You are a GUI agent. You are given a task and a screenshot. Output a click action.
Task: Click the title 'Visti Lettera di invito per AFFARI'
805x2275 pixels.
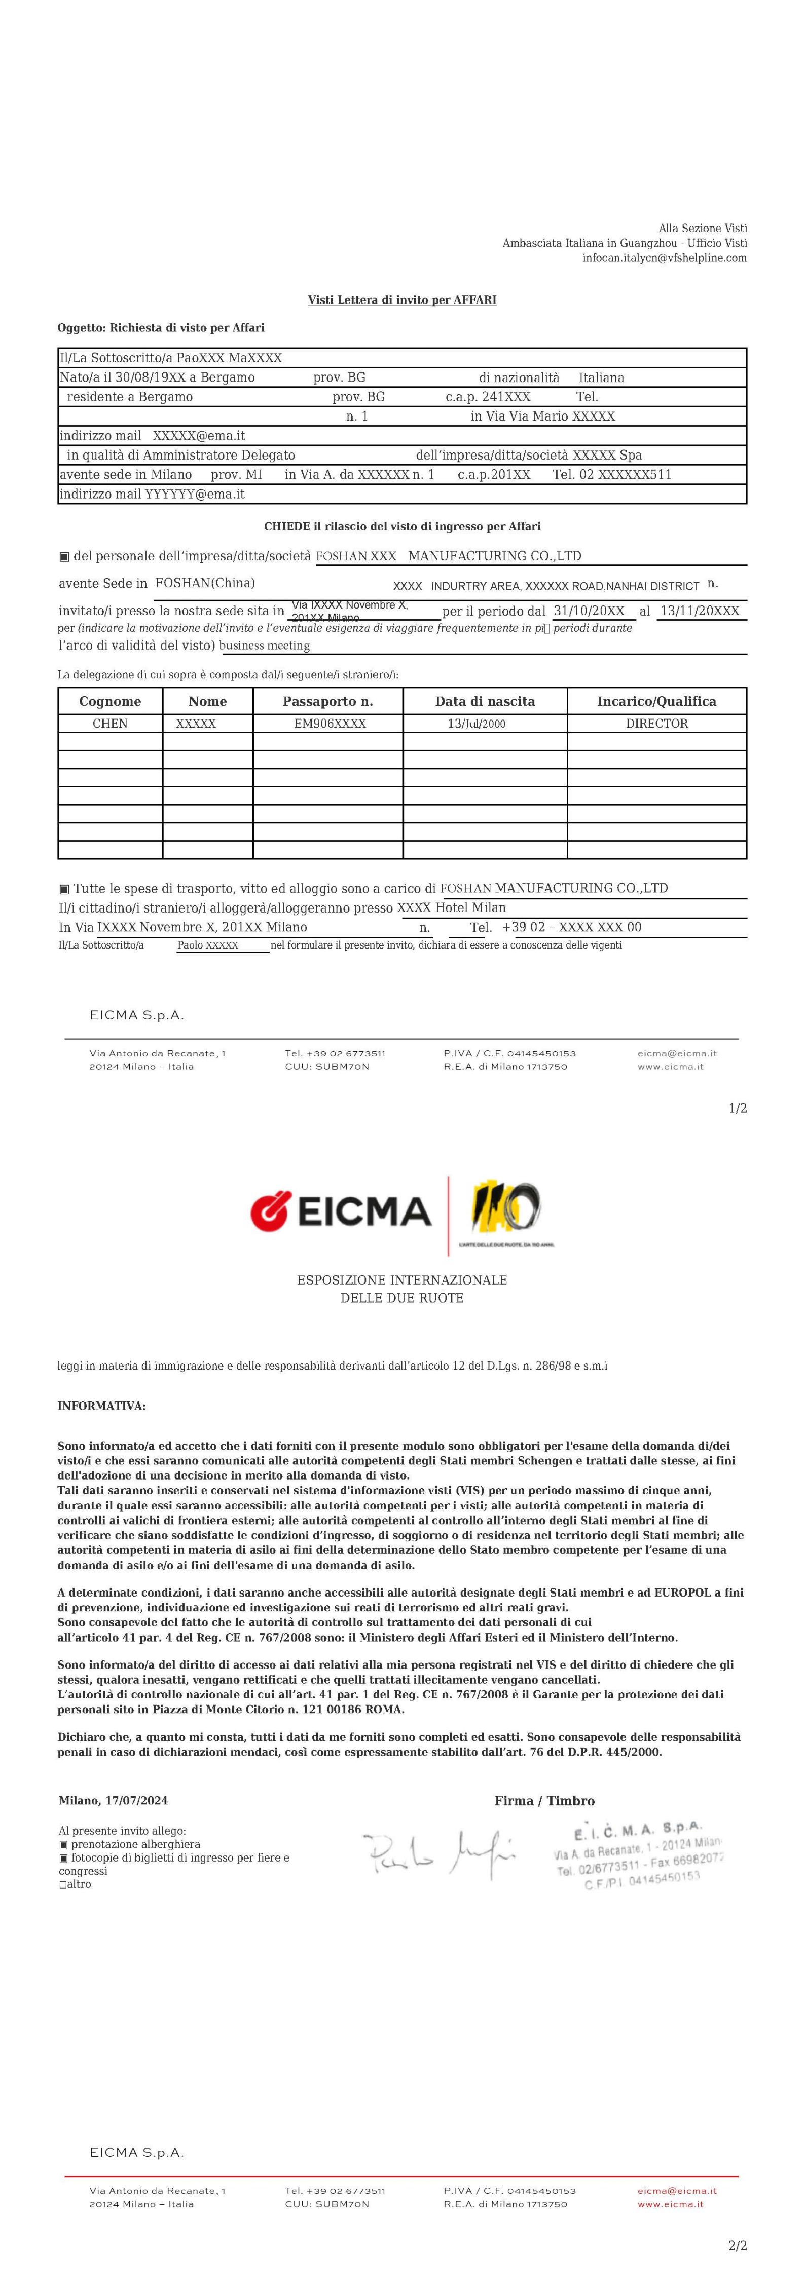pos(402,300)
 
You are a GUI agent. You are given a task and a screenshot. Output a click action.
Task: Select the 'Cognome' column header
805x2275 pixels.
pos(111,701)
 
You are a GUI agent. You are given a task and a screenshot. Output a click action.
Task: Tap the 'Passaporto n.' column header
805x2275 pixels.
pos(328,701)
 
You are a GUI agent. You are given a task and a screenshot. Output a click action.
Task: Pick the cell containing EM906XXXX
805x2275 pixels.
pos(330,724)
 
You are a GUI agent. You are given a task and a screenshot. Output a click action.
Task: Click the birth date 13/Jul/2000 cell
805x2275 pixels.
pos(477,724)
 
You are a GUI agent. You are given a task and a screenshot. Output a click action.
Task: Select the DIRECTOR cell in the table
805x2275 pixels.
pos(656,724)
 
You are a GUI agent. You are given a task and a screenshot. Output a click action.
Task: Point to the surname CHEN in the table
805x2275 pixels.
pos(111,724)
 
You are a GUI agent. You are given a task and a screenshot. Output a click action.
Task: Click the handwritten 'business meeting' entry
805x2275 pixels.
pos(265,646)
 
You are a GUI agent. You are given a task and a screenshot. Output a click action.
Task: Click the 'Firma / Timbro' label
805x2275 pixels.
pos(544,1801)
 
